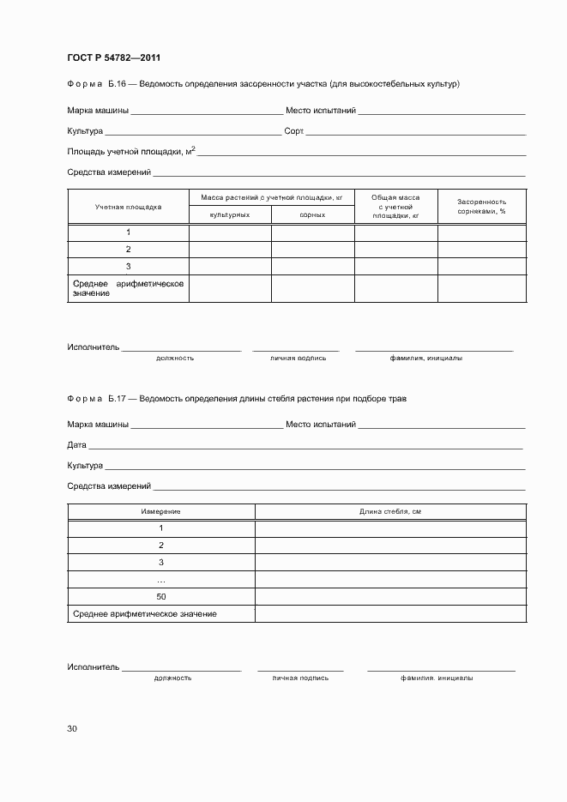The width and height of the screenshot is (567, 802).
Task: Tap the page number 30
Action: pos(72,729)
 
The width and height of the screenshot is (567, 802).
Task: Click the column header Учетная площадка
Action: pos(128,207)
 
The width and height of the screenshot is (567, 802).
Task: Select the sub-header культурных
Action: pos(230,214)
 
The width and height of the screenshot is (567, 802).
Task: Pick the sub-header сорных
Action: pos(312,214)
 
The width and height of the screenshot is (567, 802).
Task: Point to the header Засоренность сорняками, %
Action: pos(481,206)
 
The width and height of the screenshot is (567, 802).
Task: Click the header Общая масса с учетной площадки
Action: pos(395,207)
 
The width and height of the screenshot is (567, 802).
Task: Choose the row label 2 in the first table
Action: pos(128,249)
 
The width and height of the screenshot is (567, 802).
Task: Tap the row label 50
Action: pos(161,596)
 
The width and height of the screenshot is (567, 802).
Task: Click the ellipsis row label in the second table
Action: pos(161,580)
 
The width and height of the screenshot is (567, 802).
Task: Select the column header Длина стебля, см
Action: pos(390,511)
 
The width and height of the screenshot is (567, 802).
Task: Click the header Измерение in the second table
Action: pos(161,511)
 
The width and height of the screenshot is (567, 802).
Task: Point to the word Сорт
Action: pos(293,132)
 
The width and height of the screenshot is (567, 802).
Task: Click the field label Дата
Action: pos(76,445)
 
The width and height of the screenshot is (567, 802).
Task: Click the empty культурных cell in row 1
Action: pos(230,232)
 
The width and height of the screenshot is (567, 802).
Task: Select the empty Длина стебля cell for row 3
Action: pos(390,562)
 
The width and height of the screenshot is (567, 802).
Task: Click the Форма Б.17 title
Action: pos(237,399)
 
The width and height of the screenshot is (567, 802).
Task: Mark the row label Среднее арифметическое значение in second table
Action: pos(145,614)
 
